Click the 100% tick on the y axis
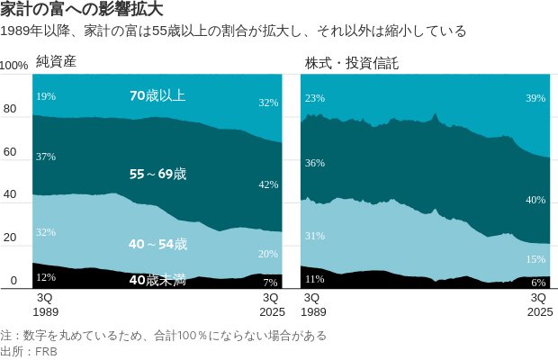point(14,67)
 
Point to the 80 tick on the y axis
point(11,110)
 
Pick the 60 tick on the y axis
point(11,153)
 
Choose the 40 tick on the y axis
point(11,195)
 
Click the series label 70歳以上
point(157,94)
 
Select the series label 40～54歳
point(157,244)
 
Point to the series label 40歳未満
point(157,280)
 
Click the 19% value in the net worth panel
point(46,95)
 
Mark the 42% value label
point(268,184)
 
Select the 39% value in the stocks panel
point(535,98)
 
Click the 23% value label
point(315,98)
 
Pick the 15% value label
point(535,259)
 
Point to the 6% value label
point(538,282)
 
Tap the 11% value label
point(315,279)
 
